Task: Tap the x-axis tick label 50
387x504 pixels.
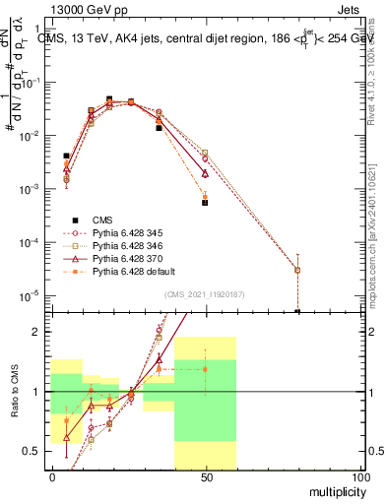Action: (205, 477)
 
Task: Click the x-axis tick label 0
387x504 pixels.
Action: (51, 477)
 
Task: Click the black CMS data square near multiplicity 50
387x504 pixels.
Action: (205, 203)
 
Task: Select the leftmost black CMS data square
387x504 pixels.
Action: (66, 156)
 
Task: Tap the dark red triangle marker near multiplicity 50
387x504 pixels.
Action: (205, 172)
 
